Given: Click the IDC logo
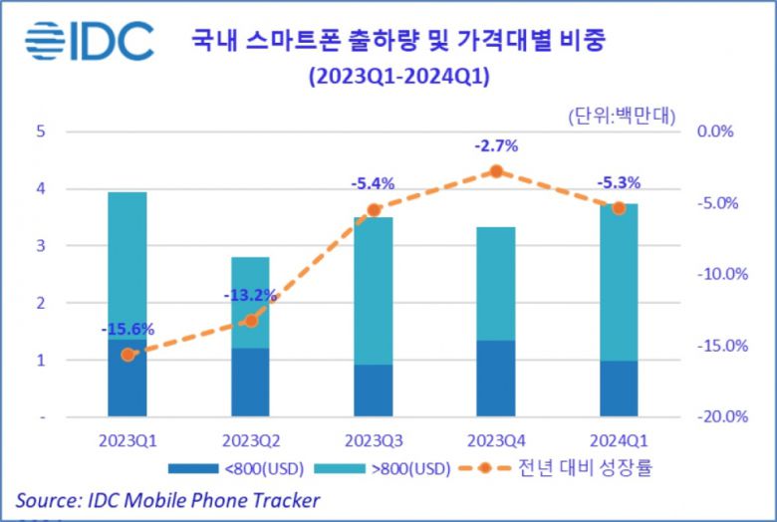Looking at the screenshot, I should pos(90,42).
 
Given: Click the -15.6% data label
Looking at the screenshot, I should pos(127,330).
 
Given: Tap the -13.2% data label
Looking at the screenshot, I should pos(250,295).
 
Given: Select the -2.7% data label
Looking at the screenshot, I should pos(495,146).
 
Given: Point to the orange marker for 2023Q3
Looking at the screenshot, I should pos(374,210).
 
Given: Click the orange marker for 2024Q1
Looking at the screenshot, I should pos(619,207).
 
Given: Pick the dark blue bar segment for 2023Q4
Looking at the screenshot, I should pos(495,379).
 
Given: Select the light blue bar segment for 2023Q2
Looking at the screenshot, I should pos(250,302).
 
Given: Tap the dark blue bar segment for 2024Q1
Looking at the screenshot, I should pos(619,389).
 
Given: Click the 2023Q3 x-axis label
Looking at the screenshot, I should pos(374,440).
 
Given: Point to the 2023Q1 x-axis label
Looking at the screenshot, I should pos(127,440).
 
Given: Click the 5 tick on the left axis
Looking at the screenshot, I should pos(41,130).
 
